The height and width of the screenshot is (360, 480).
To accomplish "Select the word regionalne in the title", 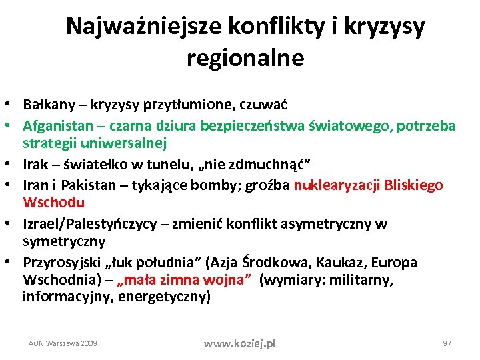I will tap(245, 58).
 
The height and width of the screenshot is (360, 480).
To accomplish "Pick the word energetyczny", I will tap(164, 296).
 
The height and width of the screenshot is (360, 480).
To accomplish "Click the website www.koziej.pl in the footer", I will tap(239, 344).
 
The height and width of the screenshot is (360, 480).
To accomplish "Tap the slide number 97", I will tap(447, 343).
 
